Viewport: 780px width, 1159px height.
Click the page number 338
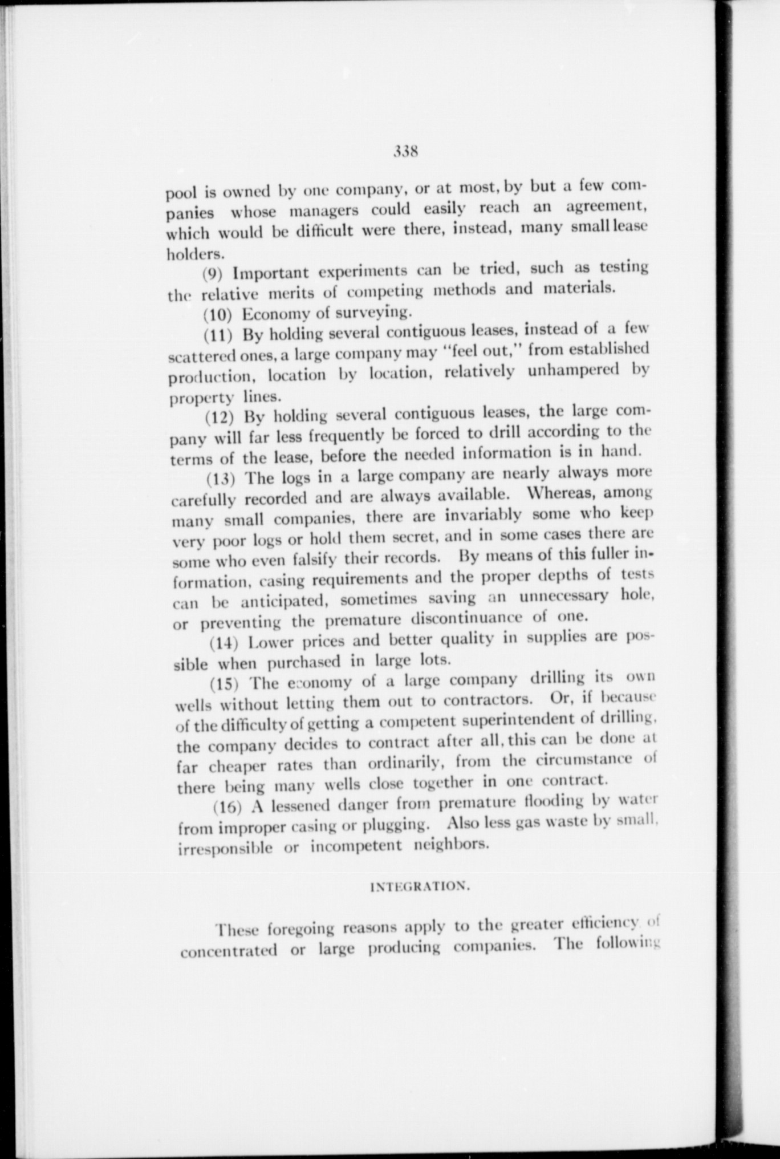tap(406, 152)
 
